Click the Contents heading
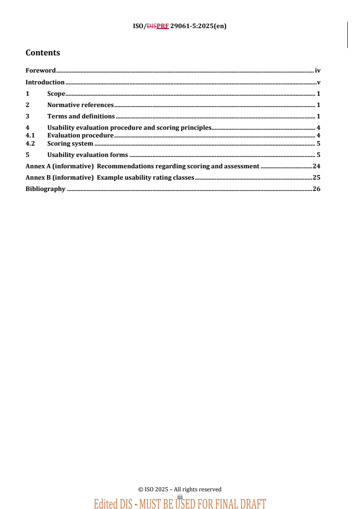[x=43, y=53]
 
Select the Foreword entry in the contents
[x=40, y=70]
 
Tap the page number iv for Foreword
[x=318, y=70]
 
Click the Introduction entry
[x=45, y=82]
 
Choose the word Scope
[x=56, y=93]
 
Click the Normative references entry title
[x=80, y=105]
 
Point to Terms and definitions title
[x=81, y=116]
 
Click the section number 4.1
[x=30, y=135]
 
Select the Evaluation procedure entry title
[x=80, y=135]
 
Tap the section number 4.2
[x=30, y=143]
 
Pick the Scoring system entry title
[x=70, y=143]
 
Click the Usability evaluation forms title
[x=88, y=155]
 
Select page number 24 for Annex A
[x=316, y=166]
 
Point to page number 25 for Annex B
[x=316, y=177]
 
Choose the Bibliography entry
[x=45, y=189]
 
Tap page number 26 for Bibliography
[x=316, y=189]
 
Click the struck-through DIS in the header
[x=151, y=26]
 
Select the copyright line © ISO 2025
[x=180, y=489]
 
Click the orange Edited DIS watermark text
[x=180, y=504]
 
